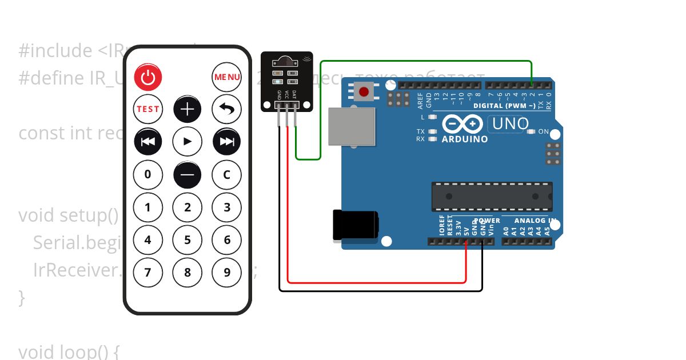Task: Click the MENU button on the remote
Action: point(226,77)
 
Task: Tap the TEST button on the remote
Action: point(148,109)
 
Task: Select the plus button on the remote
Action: point(188,109)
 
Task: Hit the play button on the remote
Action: point(188,142)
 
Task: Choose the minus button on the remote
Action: point(188,174)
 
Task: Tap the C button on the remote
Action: point(226,174)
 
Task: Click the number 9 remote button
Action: point(226,272)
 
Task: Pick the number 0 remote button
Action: point(148,174)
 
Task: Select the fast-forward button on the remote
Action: point(226,142)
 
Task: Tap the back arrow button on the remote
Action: point(226,109)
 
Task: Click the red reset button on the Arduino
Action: point(363,91)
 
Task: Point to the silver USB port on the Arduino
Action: point(352,127)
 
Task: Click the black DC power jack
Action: point(355,225)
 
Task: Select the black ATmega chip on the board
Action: point(492,197)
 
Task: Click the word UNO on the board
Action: point(508,123)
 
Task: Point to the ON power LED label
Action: point(543,131)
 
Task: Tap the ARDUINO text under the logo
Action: point(465,139)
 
